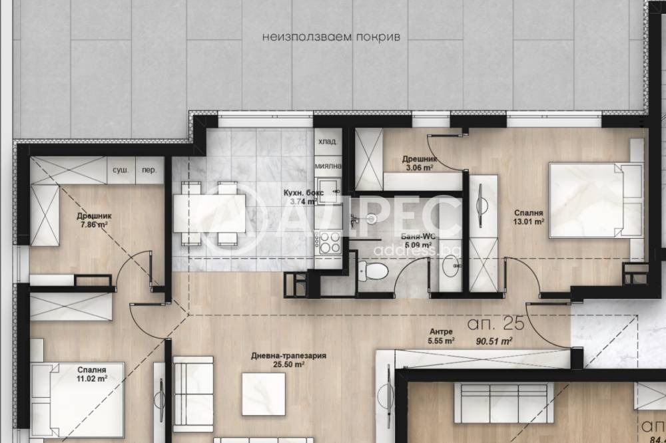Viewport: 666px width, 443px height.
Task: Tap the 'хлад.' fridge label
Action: pyautogui.click(x=327, y=142)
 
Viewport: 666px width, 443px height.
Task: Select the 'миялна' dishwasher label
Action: pyautogui.click(x=328, y=166)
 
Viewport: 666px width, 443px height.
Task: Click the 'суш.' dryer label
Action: pyautogui.click(x=121, y=170)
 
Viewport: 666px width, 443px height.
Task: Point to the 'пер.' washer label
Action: pyautogui.click(x=149, y=170)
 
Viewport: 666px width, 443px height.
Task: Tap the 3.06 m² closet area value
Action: pyautogui.click(x=420, y=168)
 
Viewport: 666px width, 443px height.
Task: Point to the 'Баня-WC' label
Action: pyautogui.click(x=419, y=236)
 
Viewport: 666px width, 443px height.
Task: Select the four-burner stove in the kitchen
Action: pyautogui.click(x=330, y=243)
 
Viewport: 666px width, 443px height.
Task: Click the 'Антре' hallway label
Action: pyautogui.click(x=441, y=331)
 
